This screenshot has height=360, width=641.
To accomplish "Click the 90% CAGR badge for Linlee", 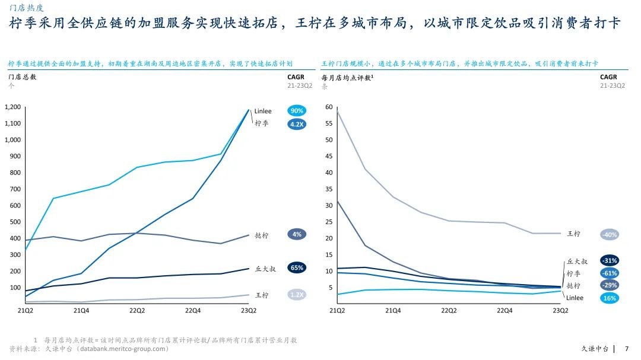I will point(297,111).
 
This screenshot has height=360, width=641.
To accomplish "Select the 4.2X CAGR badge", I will point(297,124).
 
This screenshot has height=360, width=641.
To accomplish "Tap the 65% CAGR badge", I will point(297,267).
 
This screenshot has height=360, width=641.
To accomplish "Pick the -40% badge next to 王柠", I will point(609,234).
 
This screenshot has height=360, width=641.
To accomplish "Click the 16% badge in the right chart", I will point(609,298).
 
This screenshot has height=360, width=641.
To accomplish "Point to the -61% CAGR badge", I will point(609,273).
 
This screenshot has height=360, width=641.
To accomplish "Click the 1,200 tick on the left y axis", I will point(12,107).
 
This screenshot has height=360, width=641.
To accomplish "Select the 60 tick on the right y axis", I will point(329,107).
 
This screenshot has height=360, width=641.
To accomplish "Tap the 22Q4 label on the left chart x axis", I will point(193,310).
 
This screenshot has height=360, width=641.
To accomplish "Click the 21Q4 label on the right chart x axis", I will point(393,310).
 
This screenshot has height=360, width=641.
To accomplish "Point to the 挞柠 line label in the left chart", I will point(261,235).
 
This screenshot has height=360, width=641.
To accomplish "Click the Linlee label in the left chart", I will point(263,111).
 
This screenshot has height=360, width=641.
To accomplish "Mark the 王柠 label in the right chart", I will point(573,234).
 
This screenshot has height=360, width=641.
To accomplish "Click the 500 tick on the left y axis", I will point(15,222).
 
